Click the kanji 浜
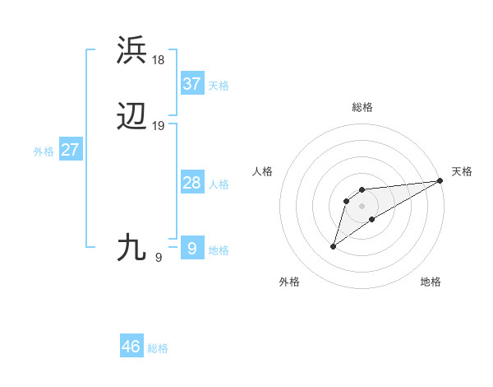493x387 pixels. tap(131, 50)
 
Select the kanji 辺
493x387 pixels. tap(131, 117)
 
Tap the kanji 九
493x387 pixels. tap(131, 247)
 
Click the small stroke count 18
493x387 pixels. tap(159, 59)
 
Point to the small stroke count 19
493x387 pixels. tap(159, 126)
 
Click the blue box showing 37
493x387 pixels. tap(192, 84)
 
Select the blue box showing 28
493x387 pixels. tap(192, 183)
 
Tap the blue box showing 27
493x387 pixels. tap(71, 150)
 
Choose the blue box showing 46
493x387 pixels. tap(131, 347)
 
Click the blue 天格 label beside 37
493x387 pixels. tap(219, 86)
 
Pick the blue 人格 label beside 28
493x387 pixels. tap(219, 184)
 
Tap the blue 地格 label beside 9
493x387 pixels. tap(219, 250)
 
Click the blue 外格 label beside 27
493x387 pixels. tap(44, 152)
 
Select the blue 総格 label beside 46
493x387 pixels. tap(158, 348)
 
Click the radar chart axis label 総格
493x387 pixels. tap(362, 107)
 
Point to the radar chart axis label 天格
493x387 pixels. tap(462, 171)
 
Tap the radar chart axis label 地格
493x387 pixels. tap(431, 282)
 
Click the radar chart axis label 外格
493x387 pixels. tap(289, 282)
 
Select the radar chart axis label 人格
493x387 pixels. tap(263, 171)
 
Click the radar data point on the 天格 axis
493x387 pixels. tap(440, 180)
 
